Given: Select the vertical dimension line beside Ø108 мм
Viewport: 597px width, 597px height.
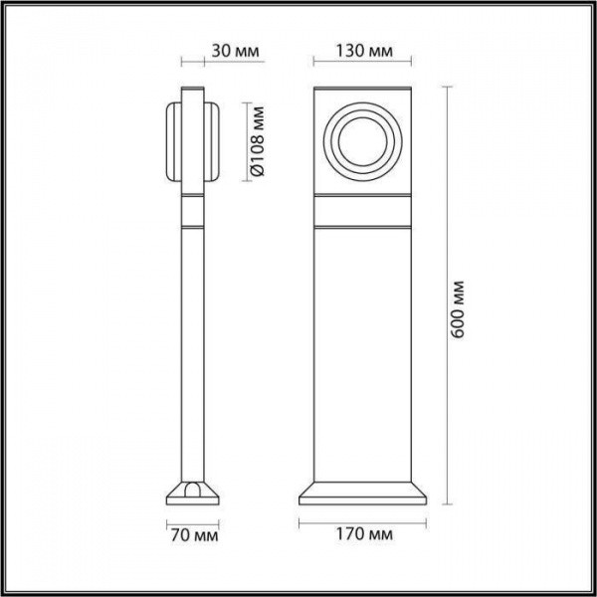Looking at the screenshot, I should [x=242, y=140].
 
